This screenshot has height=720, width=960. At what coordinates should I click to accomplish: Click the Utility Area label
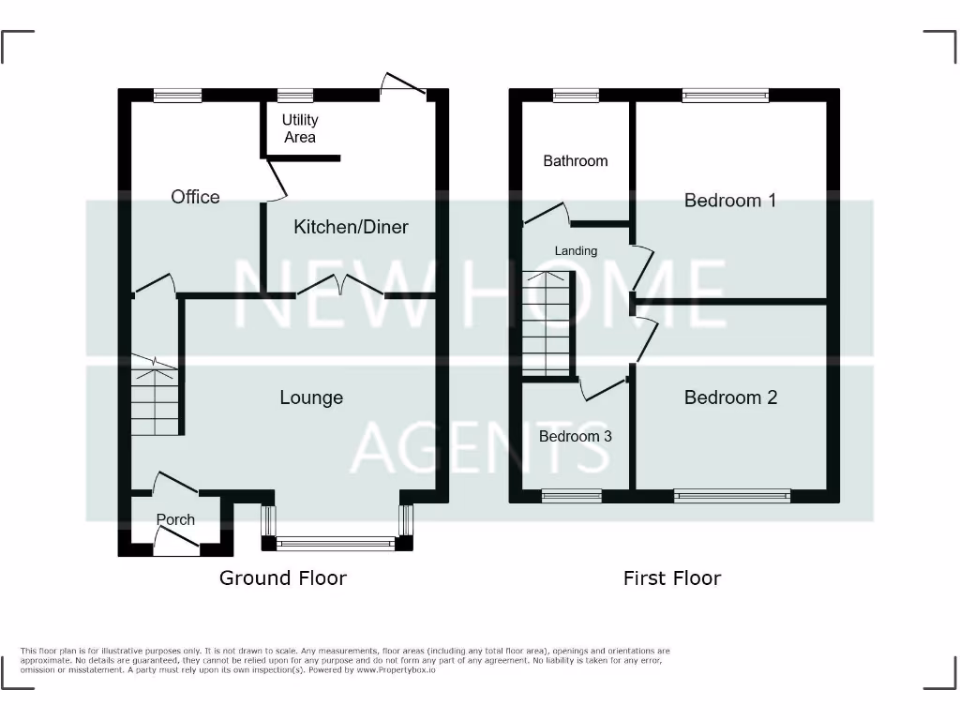pyautogui.click(x=300, y=128)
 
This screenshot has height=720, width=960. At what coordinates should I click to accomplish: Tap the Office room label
pyautogui.click(x=195, y=197)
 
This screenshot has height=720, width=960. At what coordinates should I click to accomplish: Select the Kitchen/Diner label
pyautogui.click(x=352, y=227)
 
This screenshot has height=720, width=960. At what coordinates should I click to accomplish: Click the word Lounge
pyautogui.click(x=311, y=397)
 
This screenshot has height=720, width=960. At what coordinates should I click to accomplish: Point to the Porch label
pyautogui.click(x=175, y=519)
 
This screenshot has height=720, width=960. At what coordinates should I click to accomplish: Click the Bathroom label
pyautogui.click(x=576, y=161)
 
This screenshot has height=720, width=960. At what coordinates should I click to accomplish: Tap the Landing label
pyautogui.click(x=576, y=250)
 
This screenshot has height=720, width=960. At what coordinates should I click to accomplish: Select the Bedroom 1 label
pyautogui.click(x=730, y=201)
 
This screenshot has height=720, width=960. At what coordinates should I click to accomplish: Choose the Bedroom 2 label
pyautogui.click(x=730, y=397)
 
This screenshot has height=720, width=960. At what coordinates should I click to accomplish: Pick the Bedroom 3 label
pyautogui.click(x=576, y=436)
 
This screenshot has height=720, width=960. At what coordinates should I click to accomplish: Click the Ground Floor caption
pyautogui.click(x=282, y=577)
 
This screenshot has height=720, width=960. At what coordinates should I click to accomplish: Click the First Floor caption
pyautogui.click(x=672, y=577)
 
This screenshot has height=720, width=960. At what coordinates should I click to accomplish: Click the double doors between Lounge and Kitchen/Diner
pyautogui.click(x=341, y=286)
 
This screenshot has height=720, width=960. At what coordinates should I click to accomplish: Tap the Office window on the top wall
pyautogui.click(x=177, y=95)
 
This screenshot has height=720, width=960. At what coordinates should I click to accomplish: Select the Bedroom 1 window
pyautogui.click(x=726, y=95)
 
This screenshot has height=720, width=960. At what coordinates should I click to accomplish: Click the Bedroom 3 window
pyautogui.click(x=571, y=496)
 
